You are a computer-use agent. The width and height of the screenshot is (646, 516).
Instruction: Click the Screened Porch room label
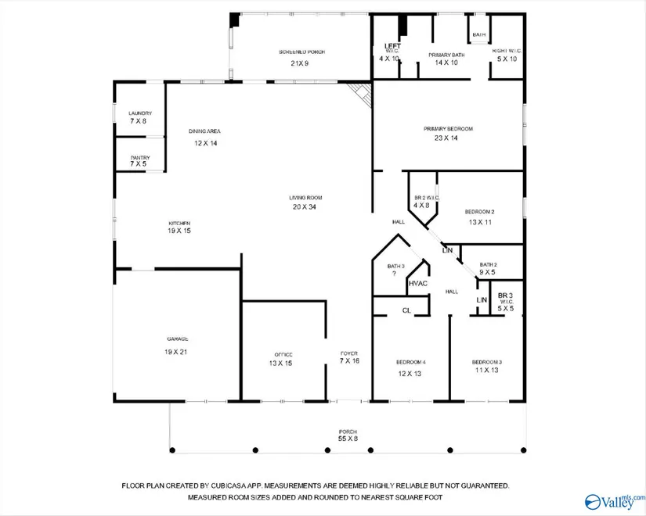pos(301,52)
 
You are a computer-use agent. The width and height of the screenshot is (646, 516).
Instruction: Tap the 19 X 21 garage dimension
pos(176,352)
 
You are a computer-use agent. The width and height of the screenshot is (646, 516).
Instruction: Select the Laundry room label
pos(140,113)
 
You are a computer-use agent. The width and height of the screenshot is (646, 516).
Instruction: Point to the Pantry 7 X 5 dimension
pos(138,163)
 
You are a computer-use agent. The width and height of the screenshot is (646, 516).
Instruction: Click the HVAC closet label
pos(418,284)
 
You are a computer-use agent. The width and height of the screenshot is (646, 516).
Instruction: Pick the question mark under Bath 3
pos(394,273)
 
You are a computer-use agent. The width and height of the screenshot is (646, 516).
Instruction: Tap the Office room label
pos(283,355)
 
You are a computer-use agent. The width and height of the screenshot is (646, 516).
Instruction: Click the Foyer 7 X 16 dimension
pos(349,361)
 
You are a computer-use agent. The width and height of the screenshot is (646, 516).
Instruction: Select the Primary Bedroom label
pos(448,129)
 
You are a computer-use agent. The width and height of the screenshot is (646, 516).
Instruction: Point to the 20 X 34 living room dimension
pos(305,207)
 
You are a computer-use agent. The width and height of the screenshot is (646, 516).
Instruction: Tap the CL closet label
pos(406,310)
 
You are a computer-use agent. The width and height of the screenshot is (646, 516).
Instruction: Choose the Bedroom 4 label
pos(411,362)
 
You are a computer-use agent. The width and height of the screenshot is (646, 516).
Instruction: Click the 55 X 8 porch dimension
pos(348,439)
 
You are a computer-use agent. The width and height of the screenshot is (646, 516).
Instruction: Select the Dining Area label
pos(204,131)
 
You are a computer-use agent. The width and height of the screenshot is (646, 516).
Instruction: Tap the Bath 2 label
pos(488,264)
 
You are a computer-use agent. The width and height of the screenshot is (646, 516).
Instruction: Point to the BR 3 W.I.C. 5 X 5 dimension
pos(506,309)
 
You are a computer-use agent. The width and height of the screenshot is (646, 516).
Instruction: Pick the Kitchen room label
pos(179,223)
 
